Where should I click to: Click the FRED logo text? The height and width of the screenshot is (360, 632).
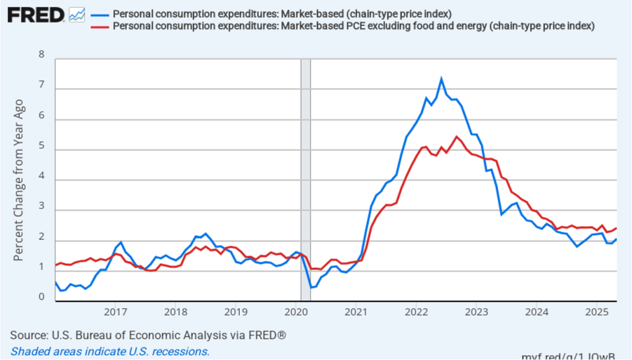pos(36,15)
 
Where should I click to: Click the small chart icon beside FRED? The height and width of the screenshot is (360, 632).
pos(77,15)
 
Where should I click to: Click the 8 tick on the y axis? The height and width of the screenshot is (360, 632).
pos(42,54)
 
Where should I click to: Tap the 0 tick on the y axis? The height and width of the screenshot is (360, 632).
pos(42,298)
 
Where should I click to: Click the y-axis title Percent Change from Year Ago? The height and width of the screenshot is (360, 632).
pos(19,179)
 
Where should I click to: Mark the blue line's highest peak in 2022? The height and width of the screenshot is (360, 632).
pos(441,78)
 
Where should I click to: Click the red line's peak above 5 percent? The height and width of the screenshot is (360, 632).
pos(457,136)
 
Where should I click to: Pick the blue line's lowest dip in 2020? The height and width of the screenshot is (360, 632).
pos(312,287)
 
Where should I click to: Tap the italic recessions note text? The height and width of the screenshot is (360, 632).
pos(110,351)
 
